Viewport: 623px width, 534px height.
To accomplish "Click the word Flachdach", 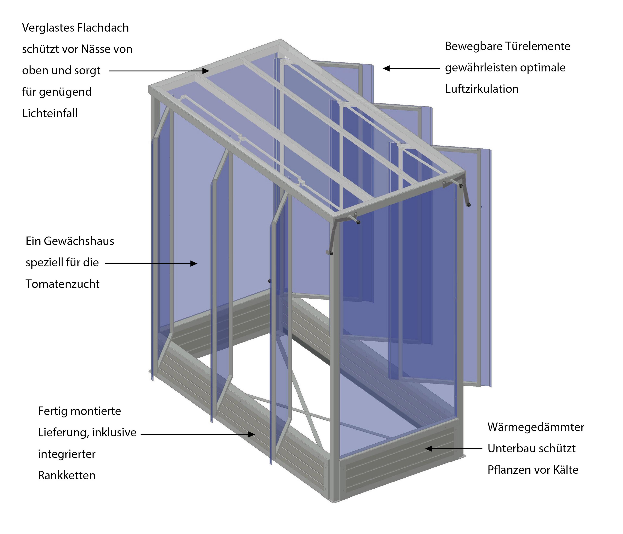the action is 103,28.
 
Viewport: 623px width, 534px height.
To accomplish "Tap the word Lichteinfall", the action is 50,113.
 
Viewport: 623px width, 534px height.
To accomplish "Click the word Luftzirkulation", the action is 482,89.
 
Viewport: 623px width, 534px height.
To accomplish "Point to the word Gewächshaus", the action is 79,241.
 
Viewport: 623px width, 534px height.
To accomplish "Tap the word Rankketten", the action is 67,475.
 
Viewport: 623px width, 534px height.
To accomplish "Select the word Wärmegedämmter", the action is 536,427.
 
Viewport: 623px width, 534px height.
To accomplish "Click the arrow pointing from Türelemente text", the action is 411,68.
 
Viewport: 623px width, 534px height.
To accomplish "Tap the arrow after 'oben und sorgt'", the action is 159,71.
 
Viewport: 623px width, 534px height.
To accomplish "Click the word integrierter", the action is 67,454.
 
